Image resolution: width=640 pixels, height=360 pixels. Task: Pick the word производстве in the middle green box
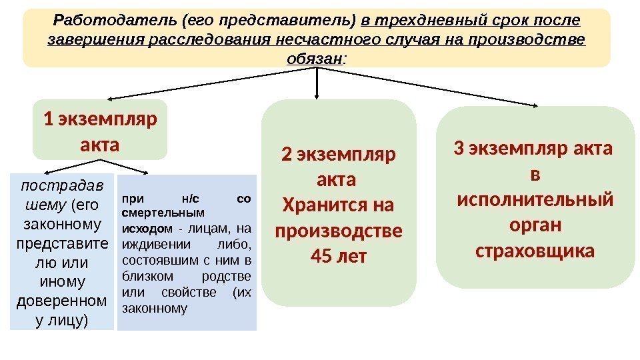(x=339, y=231)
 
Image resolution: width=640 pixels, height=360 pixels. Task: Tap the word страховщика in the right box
(x=535, y=252)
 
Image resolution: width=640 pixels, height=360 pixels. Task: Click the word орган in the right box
(x=534, y=225)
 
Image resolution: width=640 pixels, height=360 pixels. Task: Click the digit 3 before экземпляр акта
(x=458, y=148)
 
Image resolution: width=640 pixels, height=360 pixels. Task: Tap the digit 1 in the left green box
(x=47, y=120)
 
